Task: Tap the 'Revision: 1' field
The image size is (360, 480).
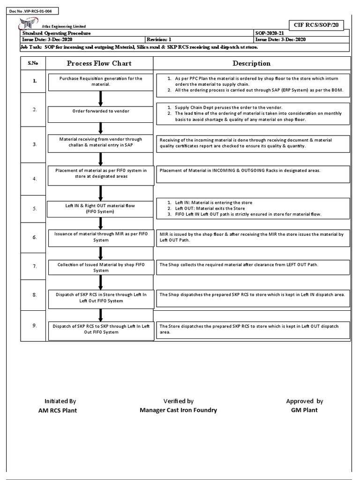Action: coord(160,40)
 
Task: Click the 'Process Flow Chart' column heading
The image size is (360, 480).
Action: coord(99,63)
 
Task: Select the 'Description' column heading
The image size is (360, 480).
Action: coord(251,63)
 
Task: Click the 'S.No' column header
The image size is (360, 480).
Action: coord(34,63)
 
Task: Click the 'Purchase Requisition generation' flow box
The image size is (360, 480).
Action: coord(101,81)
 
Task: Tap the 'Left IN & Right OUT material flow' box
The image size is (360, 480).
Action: coord(101,208)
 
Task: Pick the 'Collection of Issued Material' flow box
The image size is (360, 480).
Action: coord(101,267)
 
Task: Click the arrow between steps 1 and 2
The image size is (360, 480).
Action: coord(100,98)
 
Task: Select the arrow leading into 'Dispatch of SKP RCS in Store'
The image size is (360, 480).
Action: coord(100,282)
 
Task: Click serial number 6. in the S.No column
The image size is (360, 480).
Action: coord(34,238)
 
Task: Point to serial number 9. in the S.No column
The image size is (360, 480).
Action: coord(34,325)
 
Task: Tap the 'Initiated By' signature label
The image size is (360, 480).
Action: coord(60,401)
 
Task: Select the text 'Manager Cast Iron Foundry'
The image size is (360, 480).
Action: coord(178,410)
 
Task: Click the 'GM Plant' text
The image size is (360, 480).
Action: coord(304,410)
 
